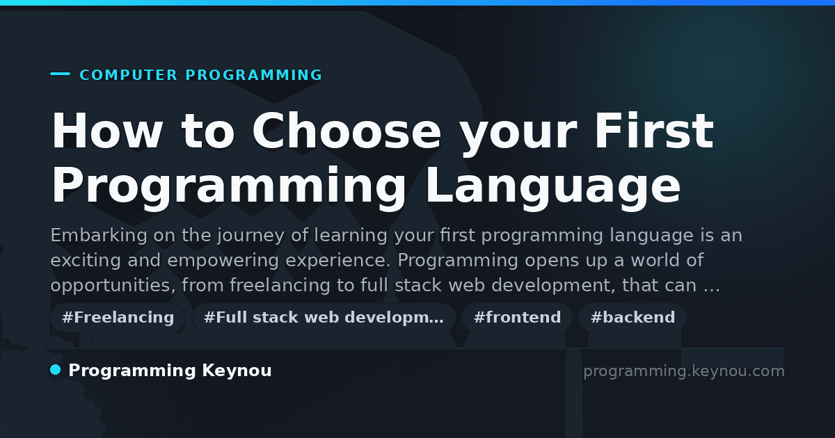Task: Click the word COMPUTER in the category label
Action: (128, 75)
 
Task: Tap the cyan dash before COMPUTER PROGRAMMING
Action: (60, 74)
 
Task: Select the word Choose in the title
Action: (347, 131)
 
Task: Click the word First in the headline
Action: (654, 131)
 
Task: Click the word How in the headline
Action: (107, 131)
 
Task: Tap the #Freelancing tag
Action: (118, 317)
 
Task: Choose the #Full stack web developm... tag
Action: (324, 317)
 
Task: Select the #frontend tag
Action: (517, 317)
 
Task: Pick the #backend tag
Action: (633, 317)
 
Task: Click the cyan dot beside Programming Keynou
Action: (56, 370)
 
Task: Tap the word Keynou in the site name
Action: (237, 371)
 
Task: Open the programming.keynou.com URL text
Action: (684, 371)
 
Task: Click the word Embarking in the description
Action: (99, 236)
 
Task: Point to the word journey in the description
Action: (251, 236)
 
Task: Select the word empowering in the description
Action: (223, 261)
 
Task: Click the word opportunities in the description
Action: (113, 286)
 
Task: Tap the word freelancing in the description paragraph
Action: (280, 286)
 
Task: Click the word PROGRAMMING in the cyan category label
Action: (253, 75)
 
